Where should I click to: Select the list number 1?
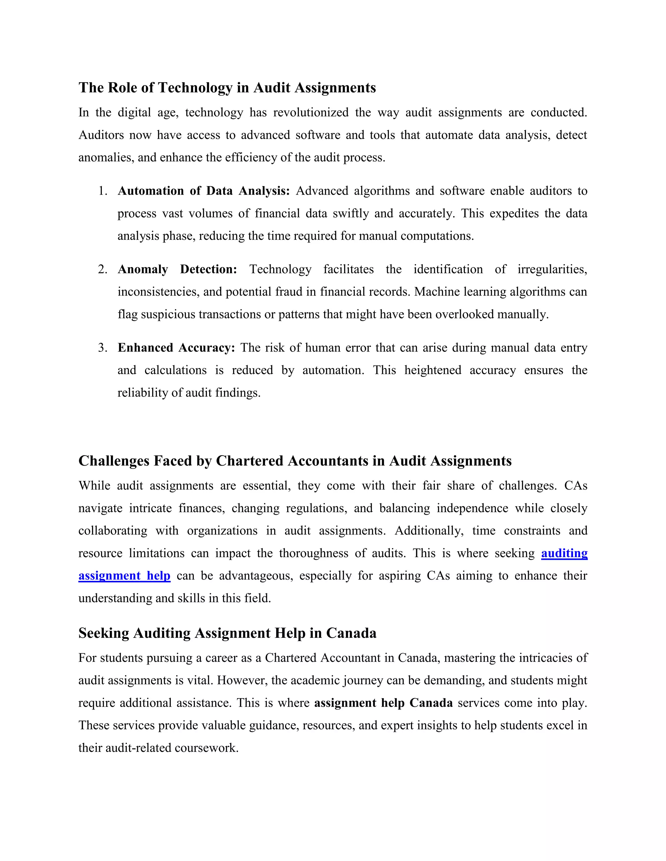[x=102, y=191]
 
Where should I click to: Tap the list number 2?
[x=102, y=270]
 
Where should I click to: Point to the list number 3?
[x=102, y=348]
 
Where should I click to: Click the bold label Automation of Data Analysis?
[x=204, y=191]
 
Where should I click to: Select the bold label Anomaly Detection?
[x=177, y=270]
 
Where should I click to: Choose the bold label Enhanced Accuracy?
[x=176, y=348]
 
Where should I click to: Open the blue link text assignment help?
[x=124, y=576]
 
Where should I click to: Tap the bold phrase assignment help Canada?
[x=383, y=703]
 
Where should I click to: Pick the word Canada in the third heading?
[x=351, y=633]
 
